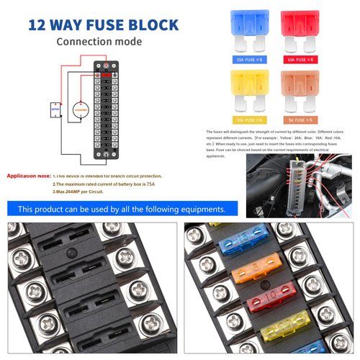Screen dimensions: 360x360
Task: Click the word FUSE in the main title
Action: [104, 25]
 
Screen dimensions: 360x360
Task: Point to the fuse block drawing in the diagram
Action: [107, 111]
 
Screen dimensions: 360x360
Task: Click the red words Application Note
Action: [28, 176]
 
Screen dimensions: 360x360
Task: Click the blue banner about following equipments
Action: [121, 209]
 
